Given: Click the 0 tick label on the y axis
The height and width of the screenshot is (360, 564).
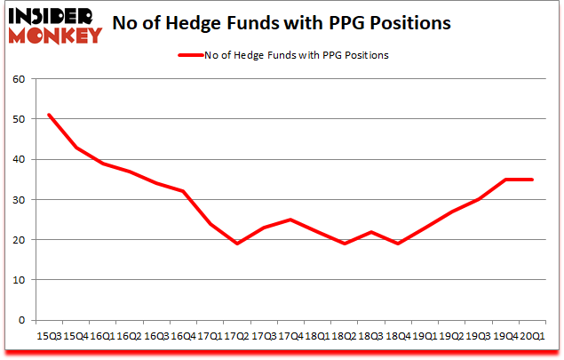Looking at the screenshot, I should [20, 319].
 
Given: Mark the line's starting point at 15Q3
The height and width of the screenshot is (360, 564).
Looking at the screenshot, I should [49, 115].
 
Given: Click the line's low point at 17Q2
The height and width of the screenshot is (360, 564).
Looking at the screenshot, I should [235, 243].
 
